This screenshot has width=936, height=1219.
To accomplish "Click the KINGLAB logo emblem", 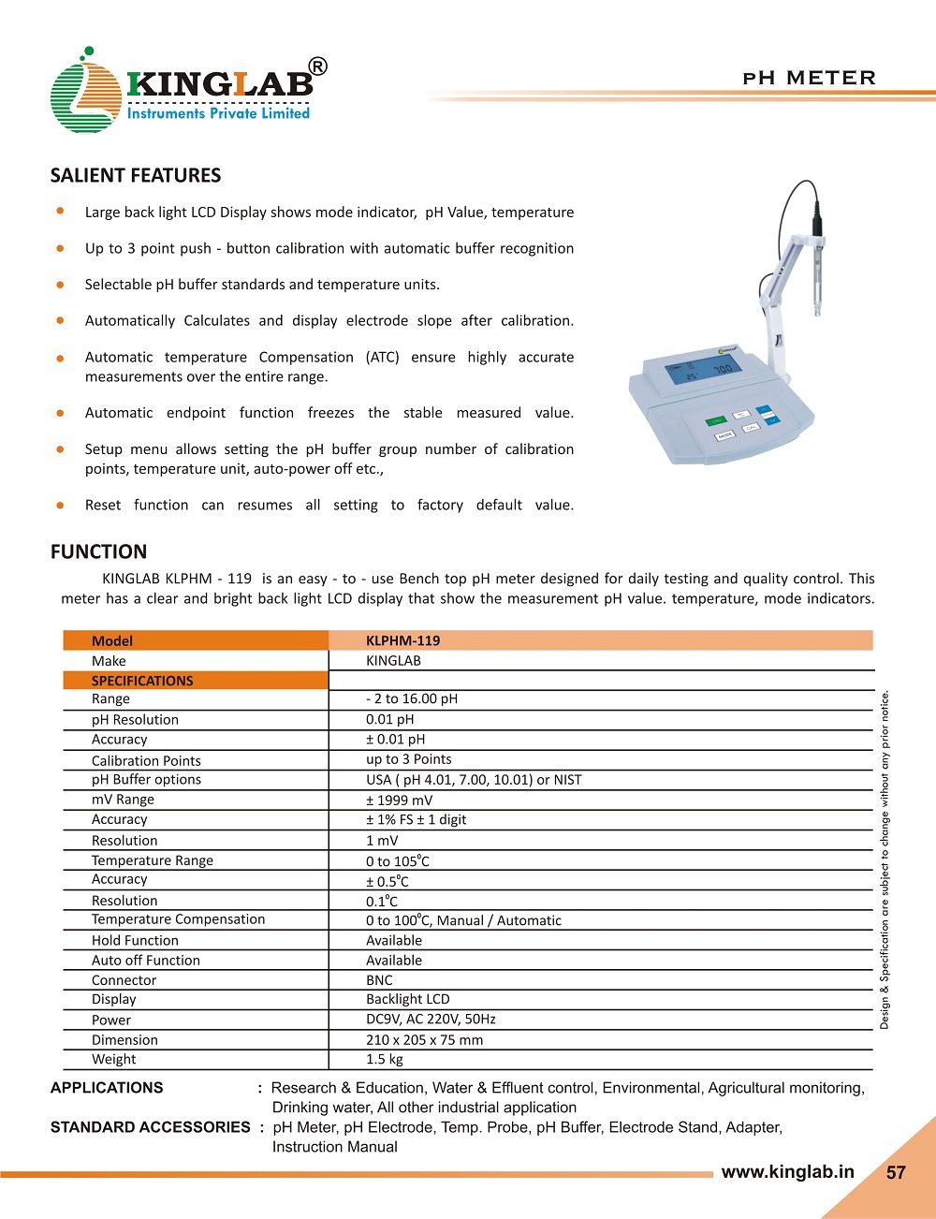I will click(84, 94).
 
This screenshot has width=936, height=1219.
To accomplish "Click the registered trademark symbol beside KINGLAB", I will click(318, 66).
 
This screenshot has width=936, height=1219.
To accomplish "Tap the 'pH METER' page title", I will click(809, 78).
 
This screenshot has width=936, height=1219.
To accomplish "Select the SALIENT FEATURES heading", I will click(136, 176).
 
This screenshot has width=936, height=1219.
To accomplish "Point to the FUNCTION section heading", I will click(98, 552).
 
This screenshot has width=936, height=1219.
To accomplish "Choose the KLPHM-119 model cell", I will click(402, 640).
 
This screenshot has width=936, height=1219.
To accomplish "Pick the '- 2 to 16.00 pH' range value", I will click(412, 698).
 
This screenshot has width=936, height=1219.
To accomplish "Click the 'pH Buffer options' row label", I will click(146, 779).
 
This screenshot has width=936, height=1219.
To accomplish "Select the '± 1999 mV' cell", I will click(400, 800).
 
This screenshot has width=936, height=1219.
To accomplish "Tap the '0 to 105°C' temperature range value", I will click(398, 860).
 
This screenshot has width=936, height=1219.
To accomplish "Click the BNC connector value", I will click(379, 980).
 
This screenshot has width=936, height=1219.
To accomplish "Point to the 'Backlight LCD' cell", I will click(408, 999).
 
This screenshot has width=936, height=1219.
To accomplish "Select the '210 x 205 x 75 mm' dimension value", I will click(425, 1039).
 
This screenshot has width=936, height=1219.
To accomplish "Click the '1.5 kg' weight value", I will click(385, 1059).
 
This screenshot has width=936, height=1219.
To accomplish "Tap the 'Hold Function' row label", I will click(135, 940).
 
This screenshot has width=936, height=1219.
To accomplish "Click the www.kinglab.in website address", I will click(787, 1171).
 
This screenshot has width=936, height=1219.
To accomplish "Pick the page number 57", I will click(896, 1172).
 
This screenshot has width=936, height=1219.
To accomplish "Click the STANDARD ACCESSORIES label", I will click(150, 1127).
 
